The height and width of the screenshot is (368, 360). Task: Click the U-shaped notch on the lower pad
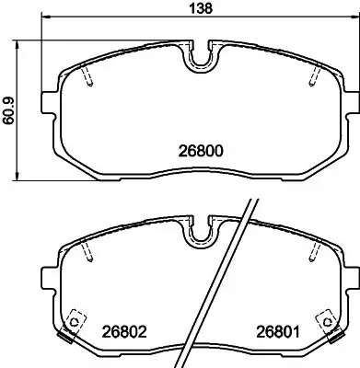(x=200, y=235)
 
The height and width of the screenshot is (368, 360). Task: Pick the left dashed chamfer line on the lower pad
(x=87, y=252)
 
